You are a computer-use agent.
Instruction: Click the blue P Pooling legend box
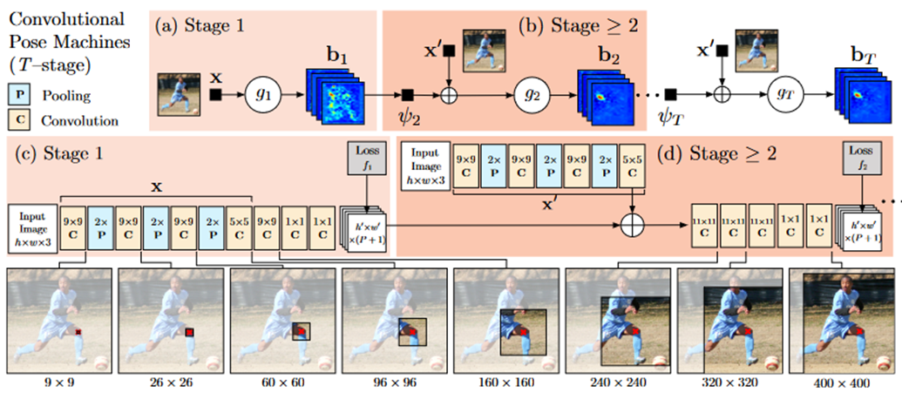click(x=20, y=93)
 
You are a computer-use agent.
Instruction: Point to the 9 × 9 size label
click(x=58, y=382)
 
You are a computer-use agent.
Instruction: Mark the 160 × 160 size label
click(x=507, y=382)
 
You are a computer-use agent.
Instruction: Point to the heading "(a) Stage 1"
click(x=200, y=25)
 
